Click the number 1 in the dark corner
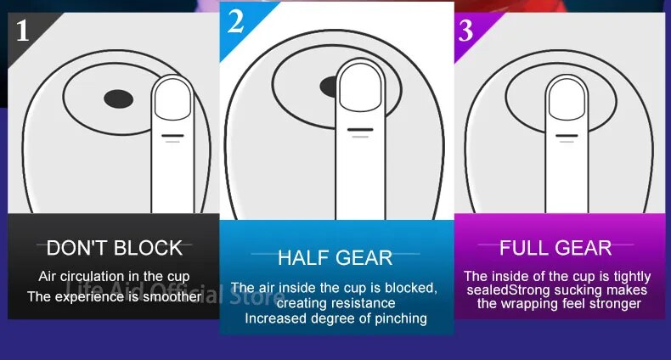point(23,31)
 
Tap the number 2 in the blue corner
point(236,21)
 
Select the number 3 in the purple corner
point(465,31)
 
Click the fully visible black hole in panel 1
point(119,98)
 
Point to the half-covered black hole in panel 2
point(328,87)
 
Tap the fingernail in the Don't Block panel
point(172,99)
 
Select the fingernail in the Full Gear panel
point(567,99)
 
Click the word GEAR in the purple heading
point(581,248)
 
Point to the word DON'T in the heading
point(78,248)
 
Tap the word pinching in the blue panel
point(401,318)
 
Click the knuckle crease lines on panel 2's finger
point(360,133)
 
